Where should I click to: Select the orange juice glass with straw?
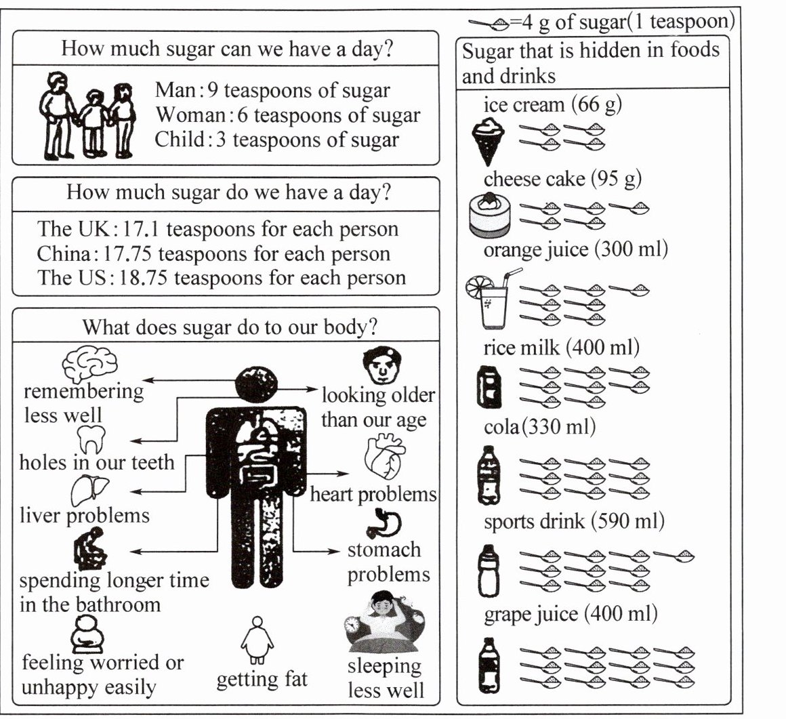pyautogui.click(x=491, y=298)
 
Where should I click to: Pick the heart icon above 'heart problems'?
pyautogui.click(x=384, y=458)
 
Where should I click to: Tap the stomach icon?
pyautogui.click(x=384, y=525)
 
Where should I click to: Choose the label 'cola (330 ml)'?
pyautogui.click(x=540, y=428)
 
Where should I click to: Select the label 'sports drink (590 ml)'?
pyautogui.click(x=574, y=522)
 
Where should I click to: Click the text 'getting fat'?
pyautogui.click(x=262, y=678)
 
